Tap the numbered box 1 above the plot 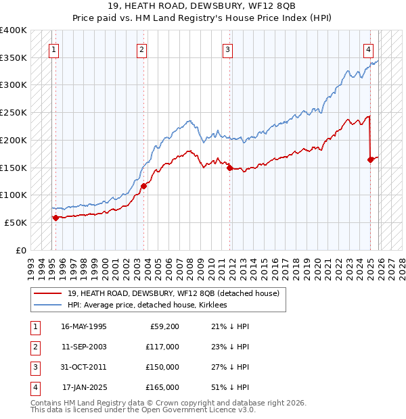53,49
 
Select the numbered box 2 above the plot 141,49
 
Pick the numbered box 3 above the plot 228,49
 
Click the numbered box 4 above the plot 368,49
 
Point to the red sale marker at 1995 55,217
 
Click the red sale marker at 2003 144,185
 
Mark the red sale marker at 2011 230,168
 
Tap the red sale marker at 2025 371,159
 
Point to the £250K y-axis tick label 14,112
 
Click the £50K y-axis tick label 16,222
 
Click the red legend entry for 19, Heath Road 177,293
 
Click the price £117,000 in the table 162,347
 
